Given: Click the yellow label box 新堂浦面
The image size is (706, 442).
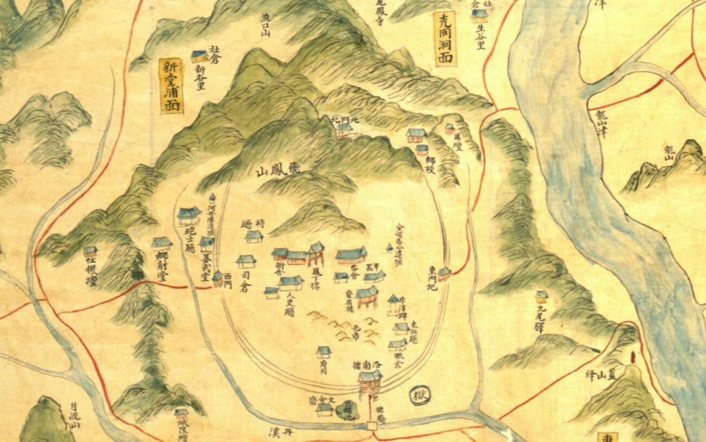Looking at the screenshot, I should tap(172, 86).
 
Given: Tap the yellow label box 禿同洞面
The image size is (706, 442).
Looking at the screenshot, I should tap(445, 39).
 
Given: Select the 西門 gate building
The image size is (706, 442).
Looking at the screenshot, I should tap(218, 278).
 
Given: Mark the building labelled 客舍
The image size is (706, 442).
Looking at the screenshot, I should tap(351, 254).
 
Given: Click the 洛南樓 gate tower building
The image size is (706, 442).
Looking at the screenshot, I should tap(370, 381).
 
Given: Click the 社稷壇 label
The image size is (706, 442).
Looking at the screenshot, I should tap(90, 273).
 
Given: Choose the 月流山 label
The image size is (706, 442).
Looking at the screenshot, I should tap(74, 414).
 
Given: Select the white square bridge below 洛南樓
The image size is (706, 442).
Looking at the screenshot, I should tap(372, 425).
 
